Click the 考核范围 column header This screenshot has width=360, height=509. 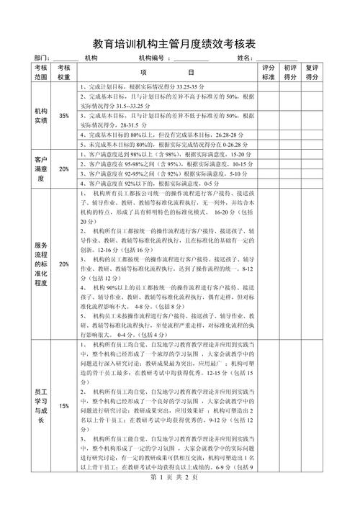tap(40, 71)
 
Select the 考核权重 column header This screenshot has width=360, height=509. tap(64, 71)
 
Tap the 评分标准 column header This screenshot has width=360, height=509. tap(269, 71)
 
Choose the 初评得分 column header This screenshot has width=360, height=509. tap(291, 71)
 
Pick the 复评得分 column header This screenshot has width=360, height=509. tap(312, 71)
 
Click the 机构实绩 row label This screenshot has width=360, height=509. tap(40, 116)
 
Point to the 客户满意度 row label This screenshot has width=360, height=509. tap(40, 168)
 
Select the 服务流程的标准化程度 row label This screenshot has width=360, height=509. tap(40, 264)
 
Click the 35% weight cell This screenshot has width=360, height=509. tap(64, 116)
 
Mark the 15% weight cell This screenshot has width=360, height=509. tap(64, 406)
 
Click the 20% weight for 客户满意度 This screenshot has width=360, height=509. tap(64, 169)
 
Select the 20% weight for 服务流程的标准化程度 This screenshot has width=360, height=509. tap(64, 264)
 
